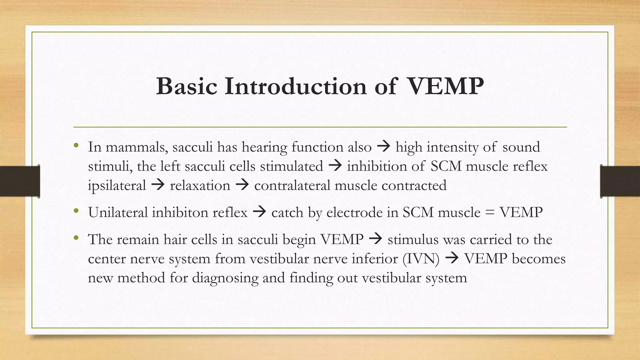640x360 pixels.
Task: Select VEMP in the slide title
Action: (x=446, y=86)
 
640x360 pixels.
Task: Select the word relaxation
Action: (x=200, y=185)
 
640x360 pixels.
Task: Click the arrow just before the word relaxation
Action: (x=158, y=185)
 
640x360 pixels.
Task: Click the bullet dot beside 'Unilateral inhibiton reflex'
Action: (x=76, y=212)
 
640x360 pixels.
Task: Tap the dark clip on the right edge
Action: (x=620, y=181)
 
